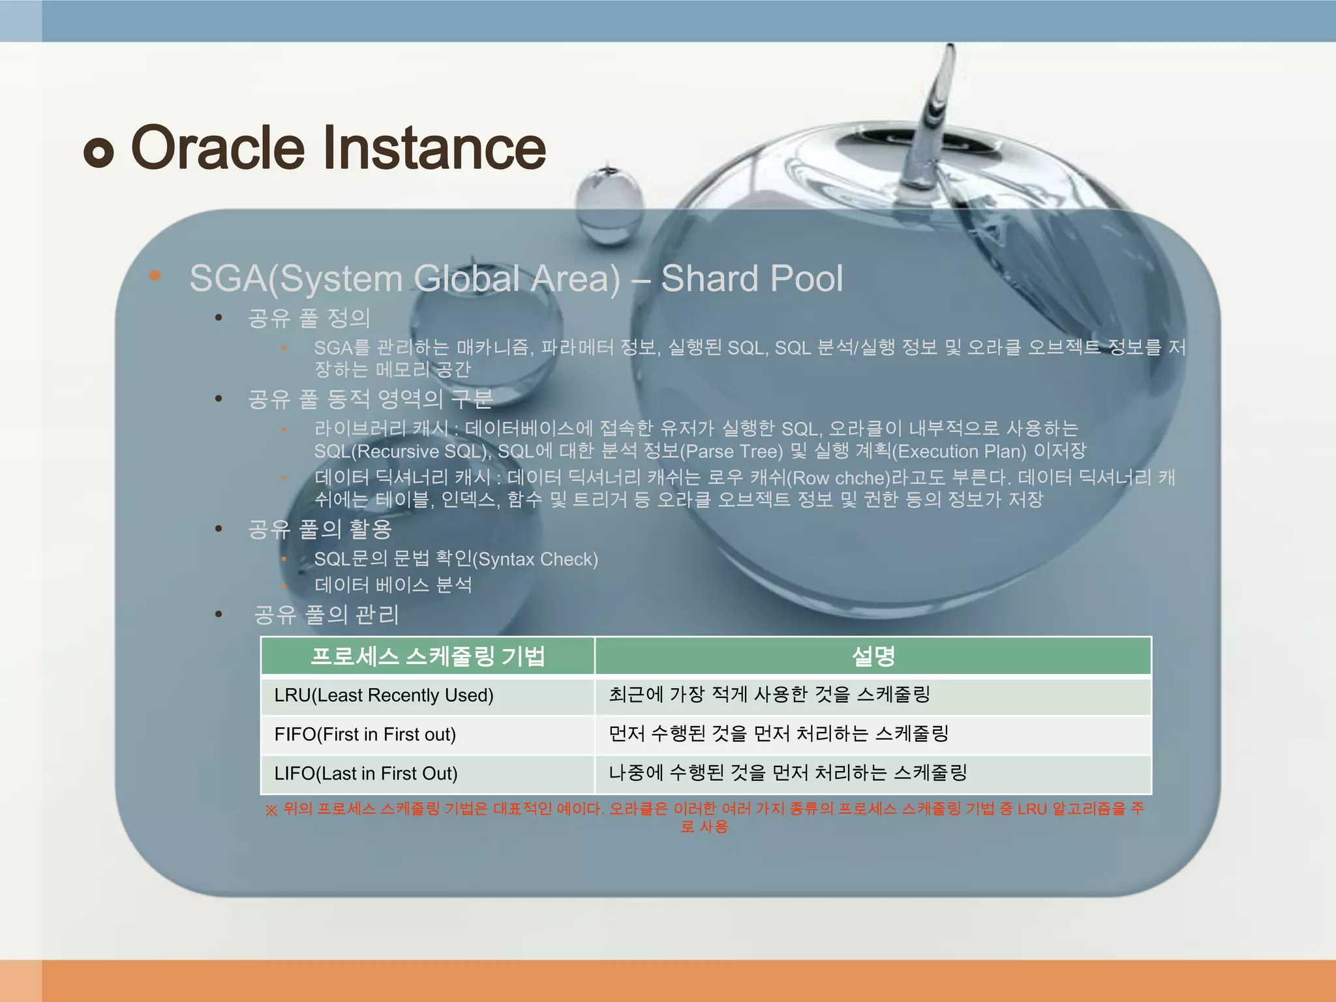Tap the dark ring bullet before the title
click(x=99, y=153)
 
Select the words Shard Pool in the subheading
click(x=751, y=279)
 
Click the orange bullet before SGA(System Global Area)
click(x=155, y=275)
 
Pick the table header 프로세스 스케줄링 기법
click(x=428, y=656)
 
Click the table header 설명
click(x=873, y=656)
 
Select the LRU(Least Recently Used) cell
click(x=384, y=695)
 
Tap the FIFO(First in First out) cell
click(x=365, y=735)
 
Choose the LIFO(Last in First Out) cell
click(x=366, y=774)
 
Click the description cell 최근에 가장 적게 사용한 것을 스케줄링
click(x=769, y=694)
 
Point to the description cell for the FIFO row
click(x=778, y=734)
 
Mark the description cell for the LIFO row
click(x=787, y=773)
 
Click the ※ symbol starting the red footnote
click(x=271, y=810)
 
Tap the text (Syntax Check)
click(x=535, y=559)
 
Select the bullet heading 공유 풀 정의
click(x=309, y=318)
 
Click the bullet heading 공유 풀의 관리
click(x=326, y=615)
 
